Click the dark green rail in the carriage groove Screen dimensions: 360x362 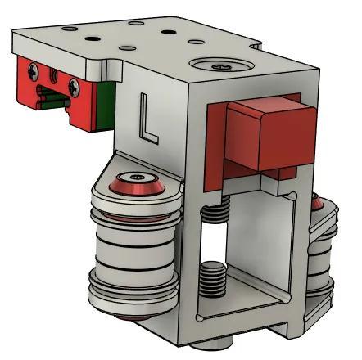coord(52,101)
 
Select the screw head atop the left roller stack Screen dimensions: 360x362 coord(138,177)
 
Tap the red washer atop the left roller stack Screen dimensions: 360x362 coord(138,187)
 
